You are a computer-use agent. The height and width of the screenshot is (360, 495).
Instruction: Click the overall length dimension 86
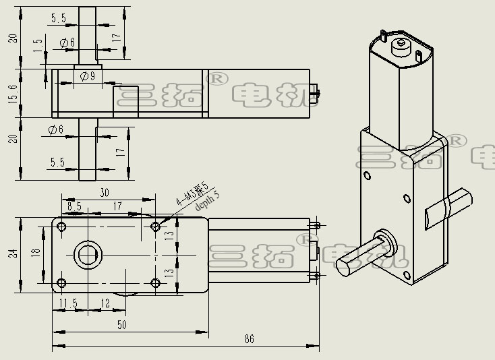point(249,339)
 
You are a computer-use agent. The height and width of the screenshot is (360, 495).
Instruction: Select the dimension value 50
point(122,325)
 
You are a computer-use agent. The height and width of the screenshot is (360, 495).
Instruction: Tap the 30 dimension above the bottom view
point(105,192)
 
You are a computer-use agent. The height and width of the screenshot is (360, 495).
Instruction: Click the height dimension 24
point(12,253)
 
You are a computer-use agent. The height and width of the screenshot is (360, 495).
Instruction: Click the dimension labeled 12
point(105,303)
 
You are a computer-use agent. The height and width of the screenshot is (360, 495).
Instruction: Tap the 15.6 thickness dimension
point(12,92)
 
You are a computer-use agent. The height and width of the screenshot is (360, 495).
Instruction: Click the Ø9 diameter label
point(87,76)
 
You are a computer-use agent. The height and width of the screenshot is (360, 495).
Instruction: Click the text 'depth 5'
point(207,202)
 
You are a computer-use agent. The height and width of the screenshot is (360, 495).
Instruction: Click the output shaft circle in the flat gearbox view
point(87,255)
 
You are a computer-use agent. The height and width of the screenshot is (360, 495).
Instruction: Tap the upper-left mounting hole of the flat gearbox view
point(62,226)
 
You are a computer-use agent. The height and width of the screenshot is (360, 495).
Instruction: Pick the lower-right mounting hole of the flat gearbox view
point(156,283)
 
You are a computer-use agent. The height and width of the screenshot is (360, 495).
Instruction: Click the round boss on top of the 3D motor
point(401,45)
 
